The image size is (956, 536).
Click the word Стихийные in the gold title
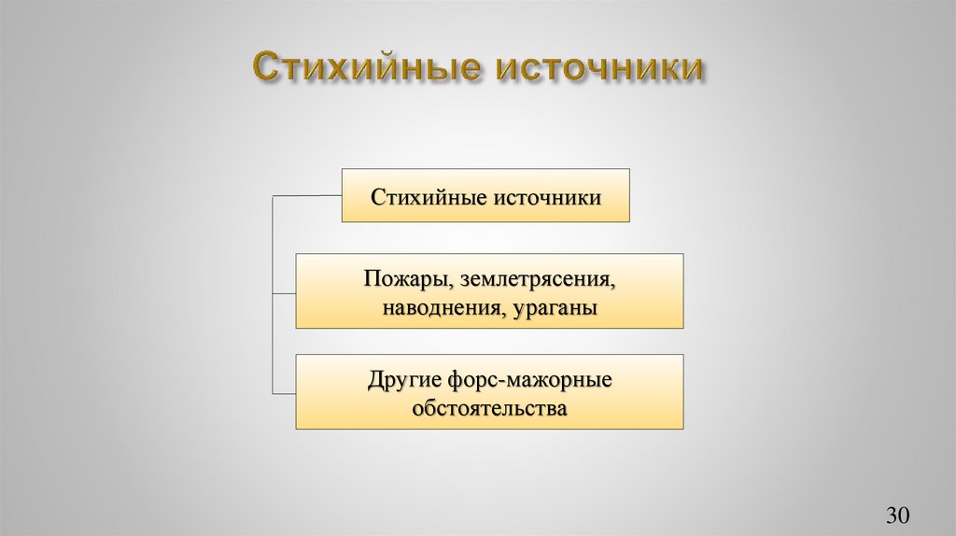tap(364, 70)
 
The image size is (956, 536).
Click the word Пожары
tap(397, 279)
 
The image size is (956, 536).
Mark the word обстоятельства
tap(489, 409)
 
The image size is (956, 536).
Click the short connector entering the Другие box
tap(284, 390)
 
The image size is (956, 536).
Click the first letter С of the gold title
tap(265, 70)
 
